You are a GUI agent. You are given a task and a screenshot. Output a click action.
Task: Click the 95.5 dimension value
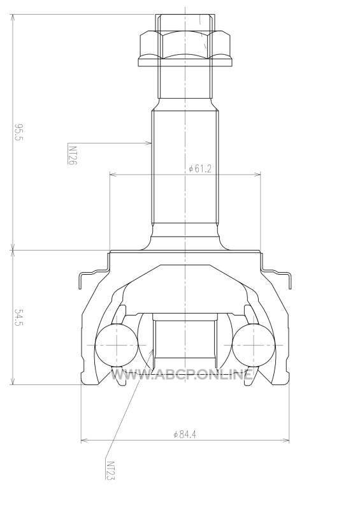[19, 132]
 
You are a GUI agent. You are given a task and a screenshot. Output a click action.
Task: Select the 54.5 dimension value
[19, 317]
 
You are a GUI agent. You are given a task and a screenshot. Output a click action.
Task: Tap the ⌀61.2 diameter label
[200, 168]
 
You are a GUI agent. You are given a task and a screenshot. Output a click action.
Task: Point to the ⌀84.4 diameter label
[185, 434]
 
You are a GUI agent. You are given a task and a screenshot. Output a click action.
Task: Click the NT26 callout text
[73, 155]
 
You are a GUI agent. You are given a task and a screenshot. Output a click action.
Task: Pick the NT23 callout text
[111, 470]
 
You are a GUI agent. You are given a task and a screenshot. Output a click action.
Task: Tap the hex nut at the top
[185, 49]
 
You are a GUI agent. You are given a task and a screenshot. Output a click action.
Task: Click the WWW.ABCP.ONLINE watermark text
[182, 374]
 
